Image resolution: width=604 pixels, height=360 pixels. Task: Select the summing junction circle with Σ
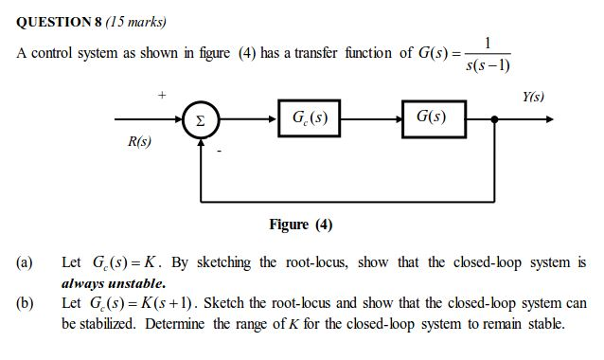(x=200, y=120)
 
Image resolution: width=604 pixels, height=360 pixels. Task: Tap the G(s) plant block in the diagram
(x=433, y=119)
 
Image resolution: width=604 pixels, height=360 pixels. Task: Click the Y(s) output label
(x=533, y=97)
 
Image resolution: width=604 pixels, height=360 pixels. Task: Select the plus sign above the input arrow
(x=162, y=95)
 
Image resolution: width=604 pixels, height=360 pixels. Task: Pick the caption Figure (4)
(x=300, y=224)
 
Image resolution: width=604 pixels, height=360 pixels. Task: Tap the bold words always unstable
(x=114, y=282)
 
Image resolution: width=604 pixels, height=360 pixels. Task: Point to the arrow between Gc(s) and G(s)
(x=370, y=120)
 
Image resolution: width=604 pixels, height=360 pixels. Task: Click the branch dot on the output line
(x=494, y=120)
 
